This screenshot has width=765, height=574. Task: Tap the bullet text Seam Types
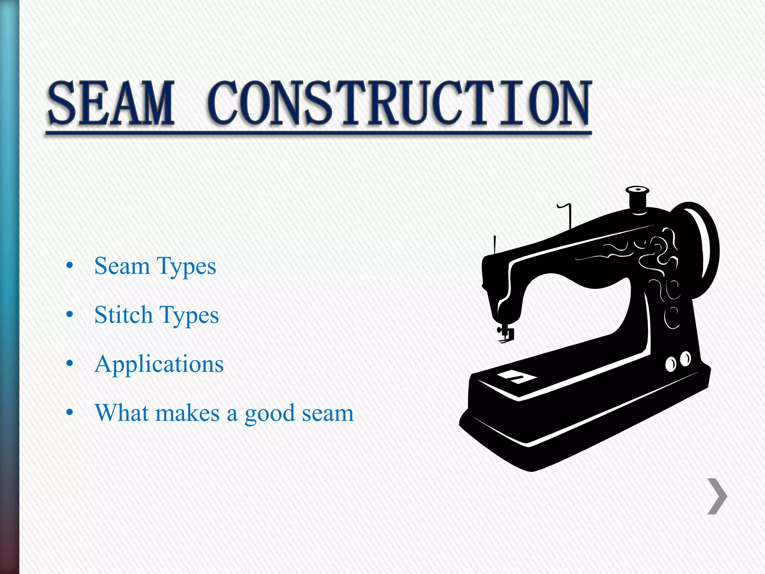click(x=155, y=266)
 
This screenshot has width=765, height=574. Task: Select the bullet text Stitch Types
click(x=156, y=315)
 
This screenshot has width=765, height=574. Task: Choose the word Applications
click(x=159, y=364)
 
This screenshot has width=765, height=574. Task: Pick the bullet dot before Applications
click(x=69, y=363)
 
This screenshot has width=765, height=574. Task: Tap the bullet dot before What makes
click(x=69, y=412)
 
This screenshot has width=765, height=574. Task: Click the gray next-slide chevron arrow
click(x=717, y=496)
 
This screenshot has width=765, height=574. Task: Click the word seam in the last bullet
click(x=328, y=413)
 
